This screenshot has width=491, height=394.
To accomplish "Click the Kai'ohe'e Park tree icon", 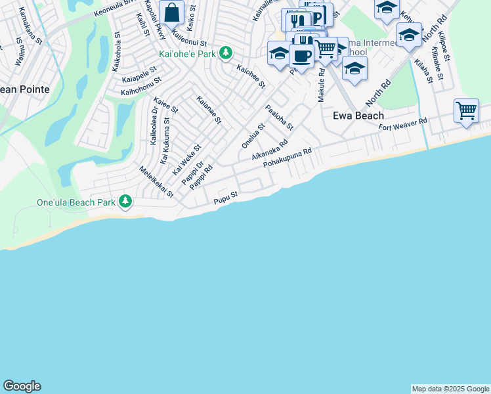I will click(x=226, y=53).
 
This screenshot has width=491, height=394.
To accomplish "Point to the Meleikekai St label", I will click(x=156, y=182).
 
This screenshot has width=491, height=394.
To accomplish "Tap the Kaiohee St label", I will click(x=251, y=76).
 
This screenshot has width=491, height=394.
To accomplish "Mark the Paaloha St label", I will click(x=279, y=117).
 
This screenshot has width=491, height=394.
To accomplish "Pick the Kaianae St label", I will click(x=209, y=110).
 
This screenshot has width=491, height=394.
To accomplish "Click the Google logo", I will click(x=22, y=386).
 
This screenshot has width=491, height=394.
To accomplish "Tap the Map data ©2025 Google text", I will click(x=450, y=389).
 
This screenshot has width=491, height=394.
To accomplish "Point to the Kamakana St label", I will click(x=30, y=26).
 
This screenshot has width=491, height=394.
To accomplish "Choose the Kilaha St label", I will click(x=423, y=72).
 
